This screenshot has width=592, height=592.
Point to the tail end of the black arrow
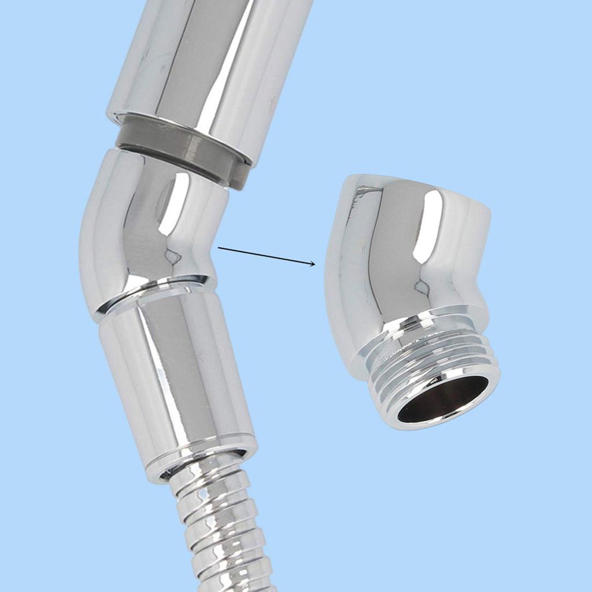(219, 248)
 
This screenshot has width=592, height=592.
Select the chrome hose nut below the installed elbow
(173, 376)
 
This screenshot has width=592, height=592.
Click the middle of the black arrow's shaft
(266, 256)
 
